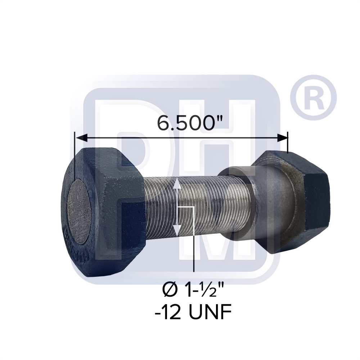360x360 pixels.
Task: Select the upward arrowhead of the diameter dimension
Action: (177, 184)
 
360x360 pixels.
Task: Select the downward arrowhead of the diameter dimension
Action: (177, 231)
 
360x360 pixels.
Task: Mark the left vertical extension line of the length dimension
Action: (74, 155)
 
